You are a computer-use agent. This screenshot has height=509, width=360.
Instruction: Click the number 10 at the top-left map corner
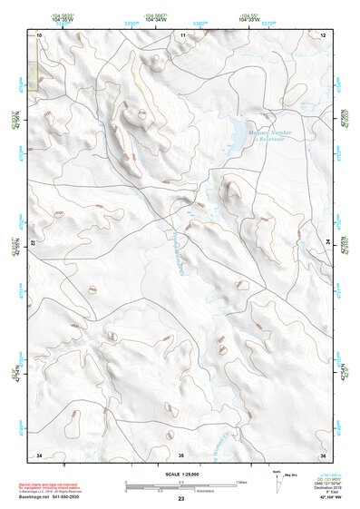39,34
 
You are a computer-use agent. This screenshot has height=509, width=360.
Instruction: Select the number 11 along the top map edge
182,34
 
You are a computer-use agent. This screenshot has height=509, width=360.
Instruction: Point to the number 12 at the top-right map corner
324,34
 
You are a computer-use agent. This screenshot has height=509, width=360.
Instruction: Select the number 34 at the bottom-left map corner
39,454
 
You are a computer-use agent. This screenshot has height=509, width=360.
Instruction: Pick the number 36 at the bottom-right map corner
323,454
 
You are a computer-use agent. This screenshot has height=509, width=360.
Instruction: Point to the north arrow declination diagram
276,477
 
